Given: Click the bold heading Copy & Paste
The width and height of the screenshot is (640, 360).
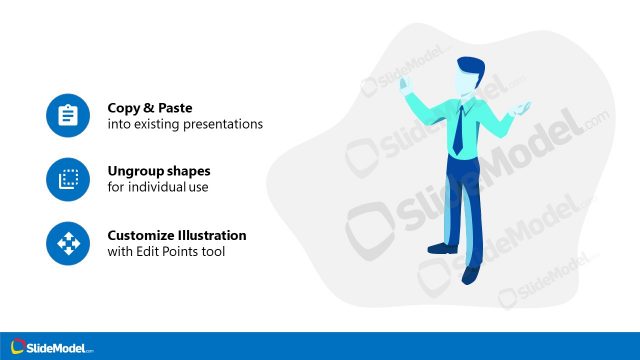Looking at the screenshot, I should pos(151,107).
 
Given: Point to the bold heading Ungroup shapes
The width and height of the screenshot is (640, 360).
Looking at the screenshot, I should pos(159,171).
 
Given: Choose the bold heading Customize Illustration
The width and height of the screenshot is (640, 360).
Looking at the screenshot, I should pos(177,236).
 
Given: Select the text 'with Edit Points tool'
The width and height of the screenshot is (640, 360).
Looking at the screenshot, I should pos(166,252).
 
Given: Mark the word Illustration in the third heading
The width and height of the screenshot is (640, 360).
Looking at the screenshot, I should pos(213,236).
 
